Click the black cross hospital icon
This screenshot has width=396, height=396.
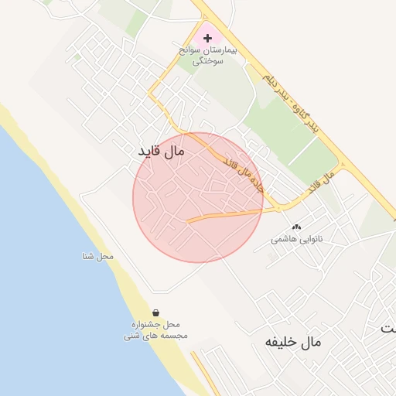click(x=207, y=37)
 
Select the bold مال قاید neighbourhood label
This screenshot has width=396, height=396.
click(x=162, y=152)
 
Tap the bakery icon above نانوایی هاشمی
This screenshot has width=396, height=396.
click(x=296, y=227)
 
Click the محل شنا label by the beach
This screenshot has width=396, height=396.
click(x=99, y=256)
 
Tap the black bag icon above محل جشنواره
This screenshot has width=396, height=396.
click(x=156, y=313)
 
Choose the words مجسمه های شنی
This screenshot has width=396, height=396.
click(x=155, y=336)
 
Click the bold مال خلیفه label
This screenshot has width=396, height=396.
click(x=292, y=341)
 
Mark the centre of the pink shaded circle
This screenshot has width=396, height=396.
click(x=198, y=197)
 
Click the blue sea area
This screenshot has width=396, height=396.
click(x=46, y=271)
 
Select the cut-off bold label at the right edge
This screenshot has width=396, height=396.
click(x=388, y=328)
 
